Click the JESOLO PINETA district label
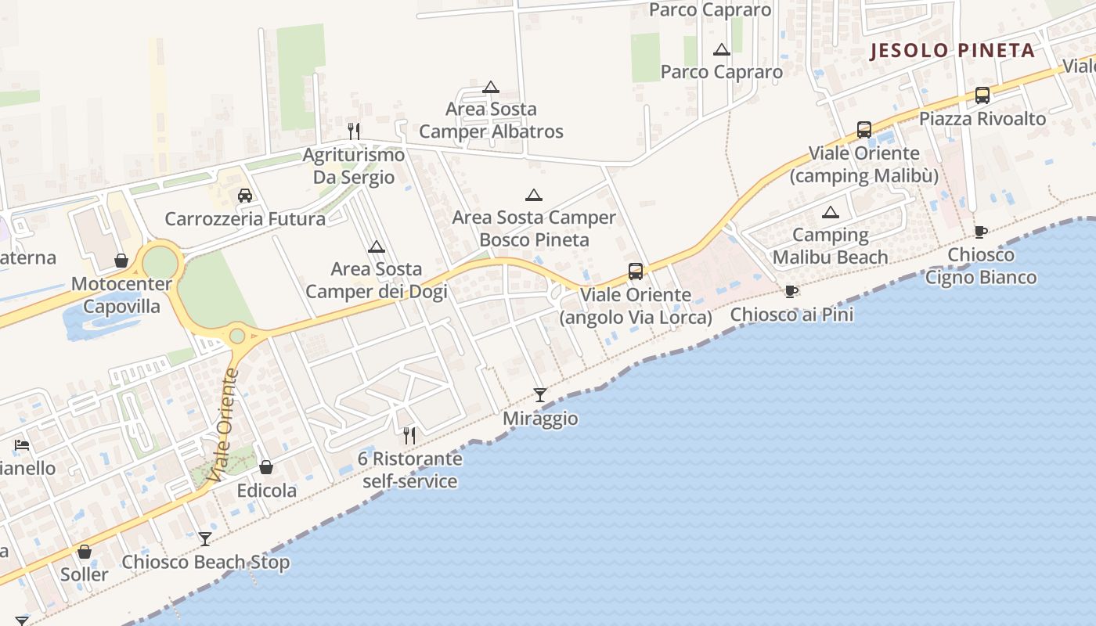pos(953,51)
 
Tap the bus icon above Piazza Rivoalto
pos(982,95)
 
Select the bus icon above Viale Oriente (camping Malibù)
pos(864,130)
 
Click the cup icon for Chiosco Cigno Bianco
pos(980,232)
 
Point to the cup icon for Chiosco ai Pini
pos(791,292)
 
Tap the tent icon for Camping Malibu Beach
pos(831,212)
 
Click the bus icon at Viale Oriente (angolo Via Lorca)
pos(636,272)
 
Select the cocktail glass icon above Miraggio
pos(540,394)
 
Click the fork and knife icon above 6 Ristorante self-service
pos(409,435)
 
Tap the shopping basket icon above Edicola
pos(266,467)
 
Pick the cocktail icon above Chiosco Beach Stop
pos(205,538)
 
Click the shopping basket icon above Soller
pos(85,552)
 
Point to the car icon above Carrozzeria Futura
pos(245,196)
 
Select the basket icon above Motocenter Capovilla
pos(121,260)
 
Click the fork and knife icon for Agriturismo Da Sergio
pos(354,131)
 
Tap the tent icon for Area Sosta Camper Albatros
pos(491,87)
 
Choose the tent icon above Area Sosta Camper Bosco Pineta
pos(534,195)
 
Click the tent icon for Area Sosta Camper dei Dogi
pos(377,247)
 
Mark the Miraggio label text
pos(540,419)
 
